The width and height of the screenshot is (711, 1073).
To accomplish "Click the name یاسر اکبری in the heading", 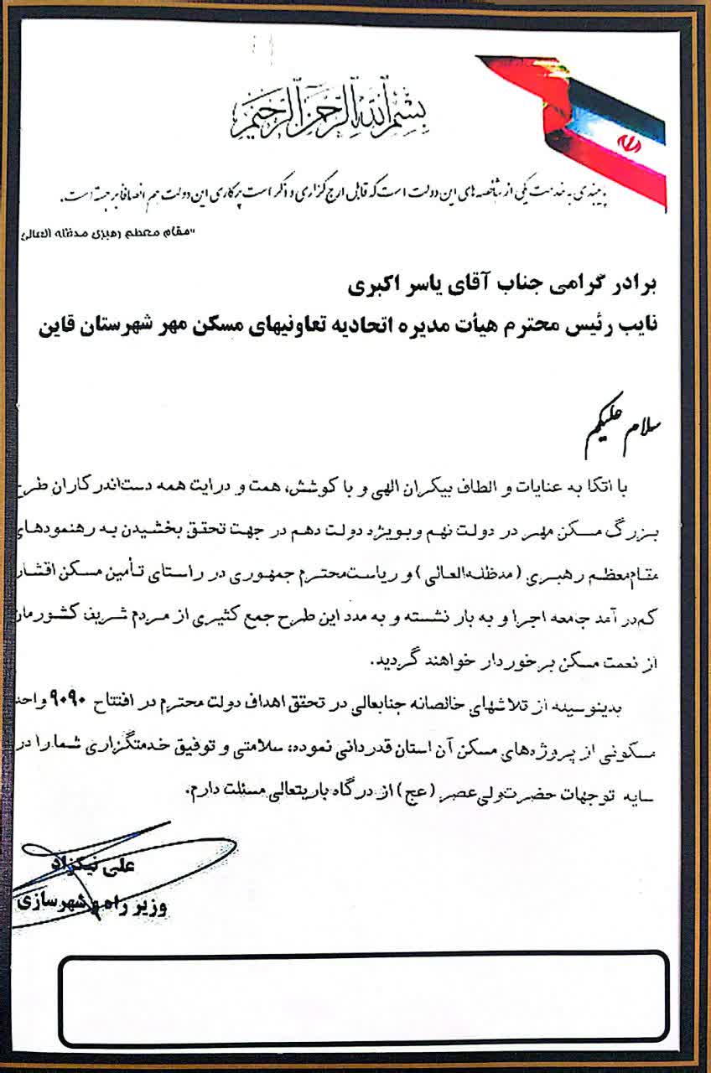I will click(381, 287).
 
